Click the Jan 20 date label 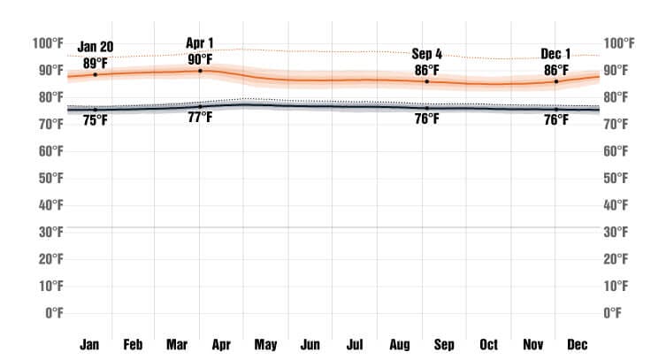click(x=96, y=48)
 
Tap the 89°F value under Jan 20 click(x=96, y=63)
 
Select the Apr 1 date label click(x=200, y=42)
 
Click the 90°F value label click(x=200, y=58)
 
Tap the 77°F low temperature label click(x=200, y=118)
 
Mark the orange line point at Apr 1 click(x=200, y=71)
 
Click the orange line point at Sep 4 click(x=427, y=81)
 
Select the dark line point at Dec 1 click(x=556, y=109)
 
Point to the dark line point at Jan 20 click(x=96, y=110)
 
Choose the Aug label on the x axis click(x=399, y=344)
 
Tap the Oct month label click(x=488, y=344)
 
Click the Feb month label click(x=133, y=344)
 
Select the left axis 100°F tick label click(x=47, y=43)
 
